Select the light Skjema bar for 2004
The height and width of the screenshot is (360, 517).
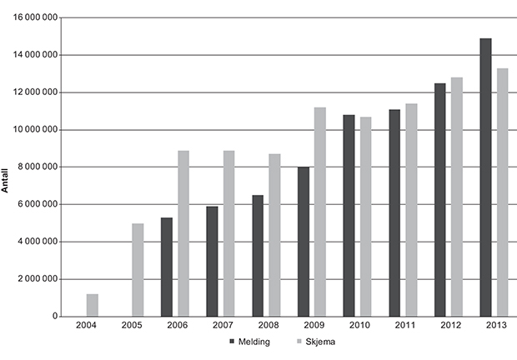[92, 305]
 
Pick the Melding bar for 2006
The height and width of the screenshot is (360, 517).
[166, 267]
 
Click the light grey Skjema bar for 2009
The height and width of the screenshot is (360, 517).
[320, 212]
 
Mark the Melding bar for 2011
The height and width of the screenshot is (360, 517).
[394, 212]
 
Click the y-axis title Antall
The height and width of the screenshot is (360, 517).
[6, 179]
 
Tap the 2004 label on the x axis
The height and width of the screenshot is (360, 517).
[87, 326]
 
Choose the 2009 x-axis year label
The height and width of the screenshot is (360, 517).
[314, 326]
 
